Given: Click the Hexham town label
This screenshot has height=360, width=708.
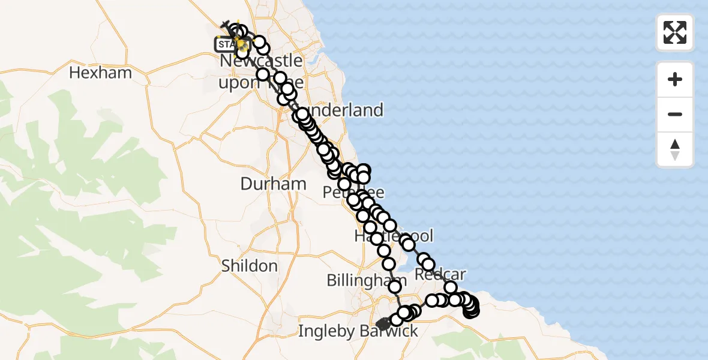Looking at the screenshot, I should pos(100,73).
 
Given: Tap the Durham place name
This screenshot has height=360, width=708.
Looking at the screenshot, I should pos(273,184).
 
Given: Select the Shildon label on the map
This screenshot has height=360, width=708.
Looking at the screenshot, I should pos(249,266).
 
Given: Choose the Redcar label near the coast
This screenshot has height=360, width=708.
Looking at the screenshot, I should pos(440,274).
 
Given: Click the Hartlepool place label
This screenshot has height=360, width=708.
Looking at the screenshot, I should pos(393,235).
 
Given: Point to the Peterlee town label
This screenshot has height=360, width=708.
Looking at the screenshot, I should pos(353,193).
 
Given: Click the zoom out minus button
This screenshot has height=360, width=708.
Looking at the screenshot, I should pos(675,114).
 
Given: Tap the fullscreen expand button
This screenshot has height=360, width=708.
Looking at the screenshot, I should pos(675,32).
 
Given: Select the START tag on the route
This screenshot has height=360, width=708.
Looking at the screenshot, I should pos(226,44).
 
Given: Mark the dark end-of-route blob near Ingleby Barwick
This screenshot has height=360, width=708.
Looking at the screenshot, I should pos(383,325).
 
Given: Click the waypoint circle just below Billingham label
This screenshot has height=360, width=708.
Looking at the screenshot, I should pos(395,287).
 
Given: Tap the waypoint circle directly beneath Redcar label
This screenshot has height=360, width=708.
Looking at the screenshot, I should pos(451,288).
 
